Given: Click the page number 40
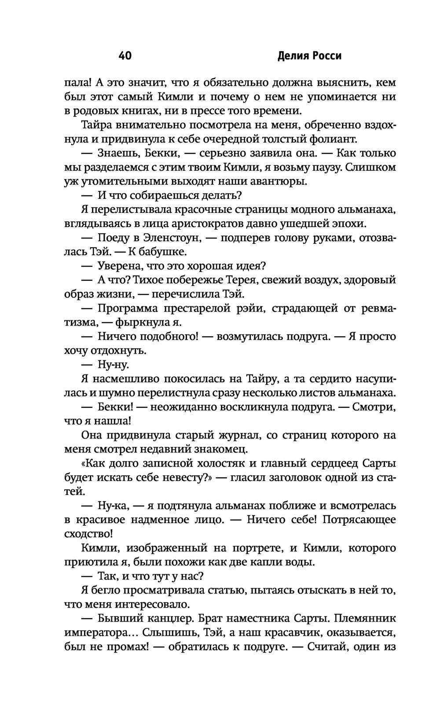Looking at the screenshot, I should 125,56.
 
